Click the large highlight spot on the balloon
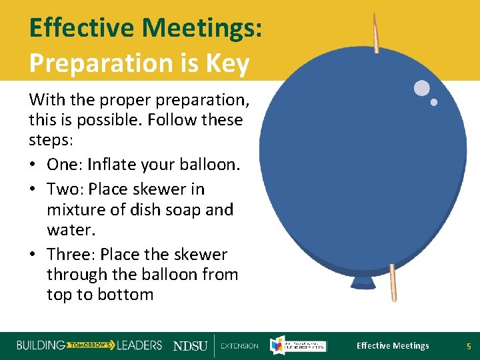point(421,88)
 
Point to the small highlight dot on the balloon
point(434,102)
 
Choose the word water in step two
point(69,230)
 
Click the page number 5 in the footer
point(468,345)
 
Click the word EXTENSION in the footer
point(239,346)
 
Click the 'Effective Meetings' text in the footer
point(393,345)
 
